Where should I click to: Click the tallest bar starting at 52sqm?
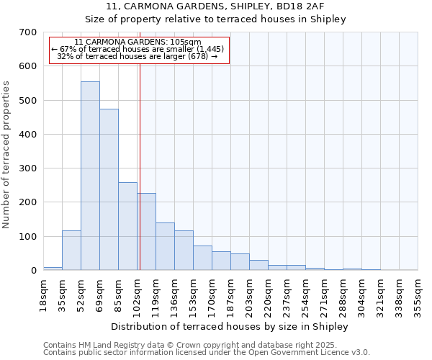(x=90, y=176)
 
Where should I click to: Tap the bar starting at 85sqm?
(x=127, y=226)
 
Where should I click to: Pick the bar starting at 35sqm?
(x=71, y=250)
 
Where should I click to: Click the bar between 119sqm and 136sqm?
(x=165, y=246)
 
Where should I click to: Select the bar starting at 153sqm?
(x=202, y=258)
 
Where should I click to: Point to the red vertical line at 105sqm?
(x=140, y=166)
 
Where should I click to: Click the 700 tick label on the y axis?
(x=27, y=32)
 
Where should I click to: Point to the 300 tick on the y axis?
(x=27, y=168)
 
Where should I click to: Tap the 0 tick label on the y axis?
(x=33, y=271)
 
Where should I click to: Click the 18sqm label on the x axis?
(x=43, y=294)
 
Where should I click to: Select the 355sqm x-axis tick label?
(x=418, y=297)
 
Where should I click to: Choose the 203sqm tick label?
(x=249, y=297)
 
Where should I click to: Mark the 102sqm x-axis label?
(x=137, y=297)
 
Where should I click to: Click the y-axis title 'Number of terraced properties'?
(x=6, y=154)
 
